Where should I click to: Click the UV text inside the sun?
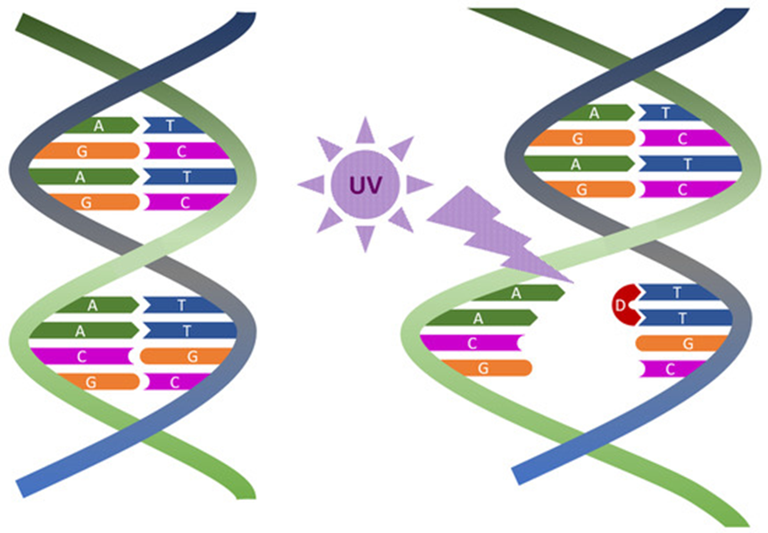click(x=364, y=185)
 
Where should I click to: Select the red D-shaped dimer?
click(x=623, y=306)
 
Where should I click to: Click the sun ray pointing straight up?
click(x=364, y=132)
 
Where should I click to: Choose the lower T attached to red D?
click(x=683, y=317)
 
